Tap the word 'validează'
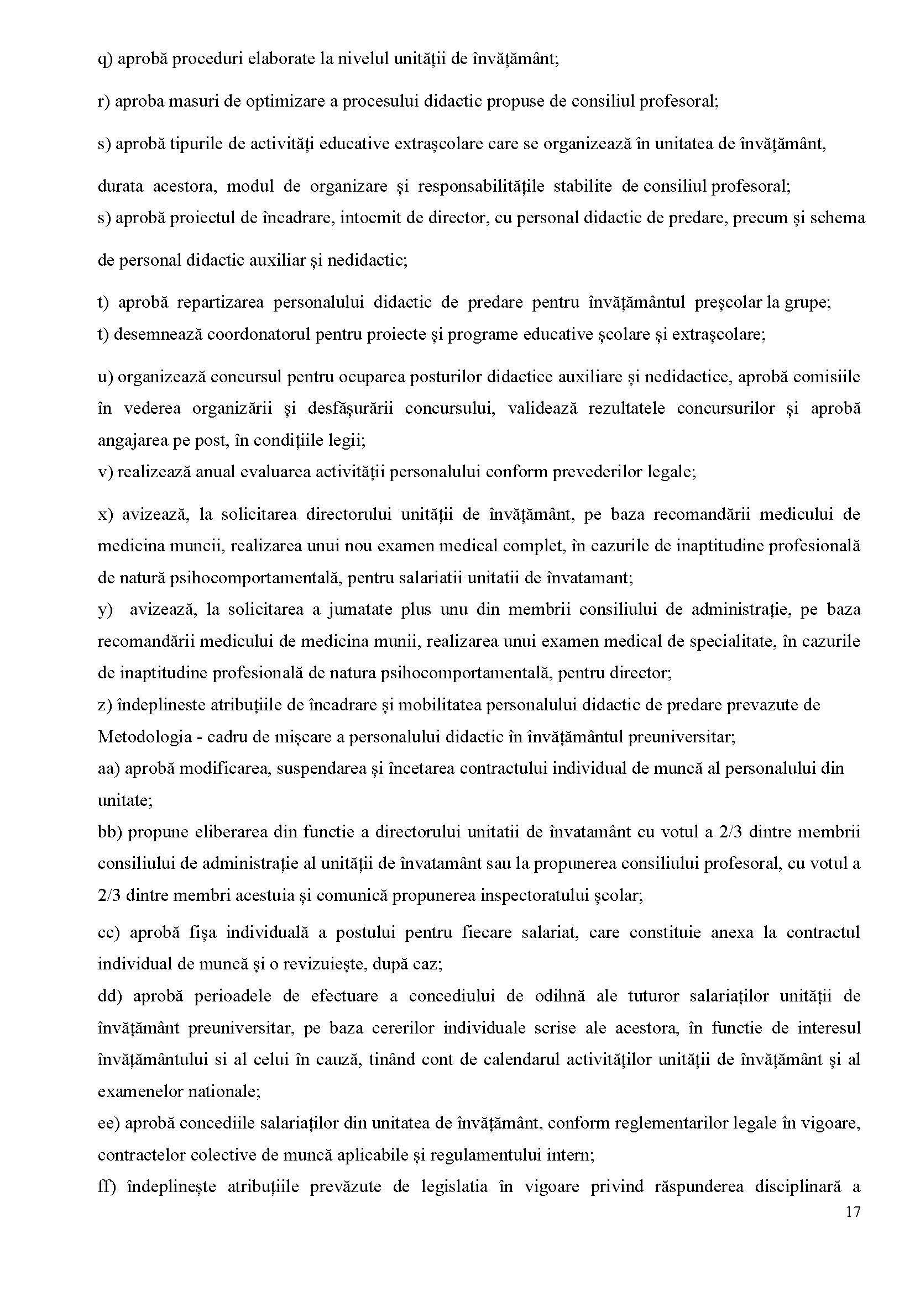(x=542, y=409)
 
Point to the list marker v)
(x=106, y=472)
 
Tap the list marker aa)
(x=109, y=768)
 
